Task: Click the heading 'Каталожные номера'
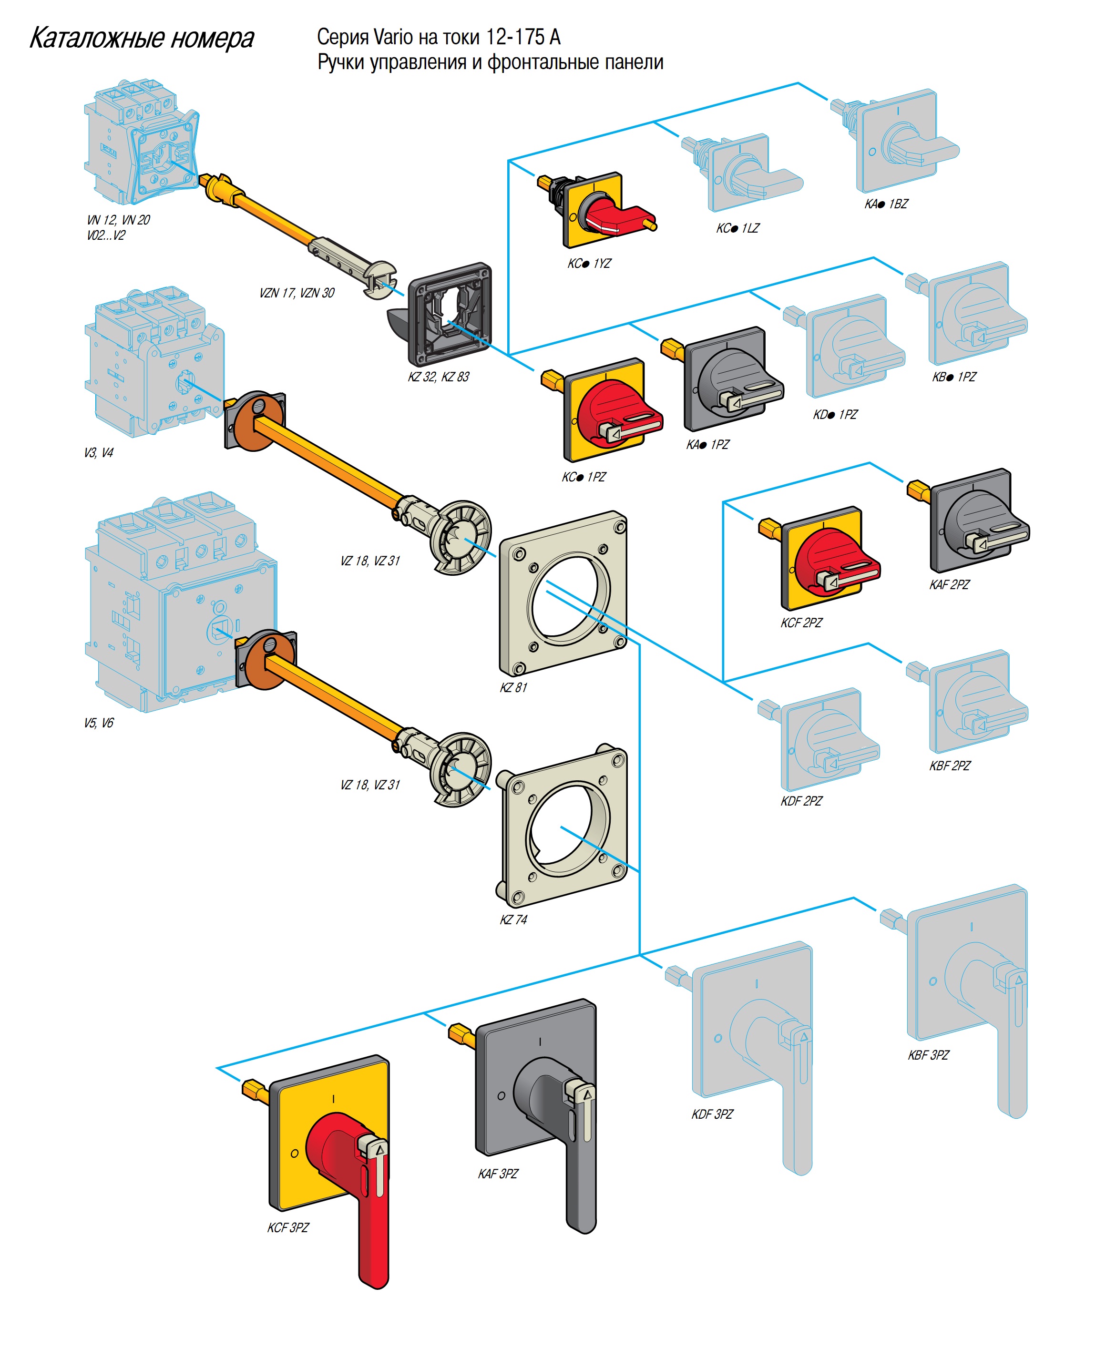coord(142,38)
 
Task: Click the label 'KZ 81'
coord(513,687)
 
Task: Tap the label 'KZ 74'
coord(513,920)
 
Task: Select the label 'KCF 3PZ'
coord(287,1227)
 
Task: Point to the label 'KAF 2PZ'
coord(949,585)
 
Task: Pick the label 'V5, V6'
coord(98,723)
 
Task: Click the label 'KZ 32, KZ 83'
coord(438,377)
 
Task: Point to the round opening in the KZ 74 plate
coord(567,828)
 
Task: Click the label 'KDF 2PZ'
coord(801,801)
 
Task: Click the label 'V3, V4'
coord(98,453)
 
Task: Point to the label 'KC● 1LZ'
coord(737,228)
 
